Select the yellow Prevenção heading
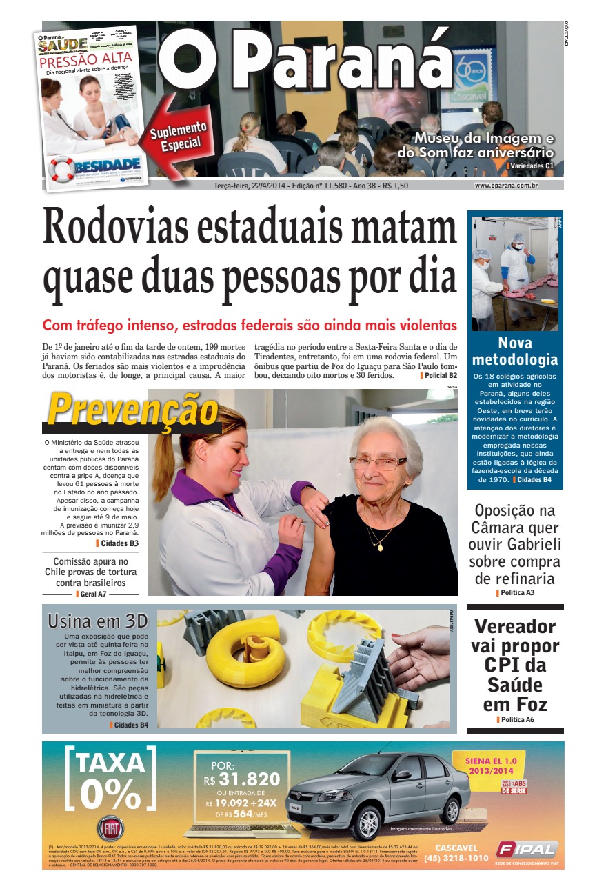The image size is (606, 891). [x=132, y=410]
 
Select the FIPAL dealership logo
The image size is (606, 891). [x=526, y=849]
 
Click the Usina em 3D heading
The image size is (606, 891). [x=98, y=620]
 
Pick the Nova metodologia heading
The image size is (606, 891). [x=514, y=351]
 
